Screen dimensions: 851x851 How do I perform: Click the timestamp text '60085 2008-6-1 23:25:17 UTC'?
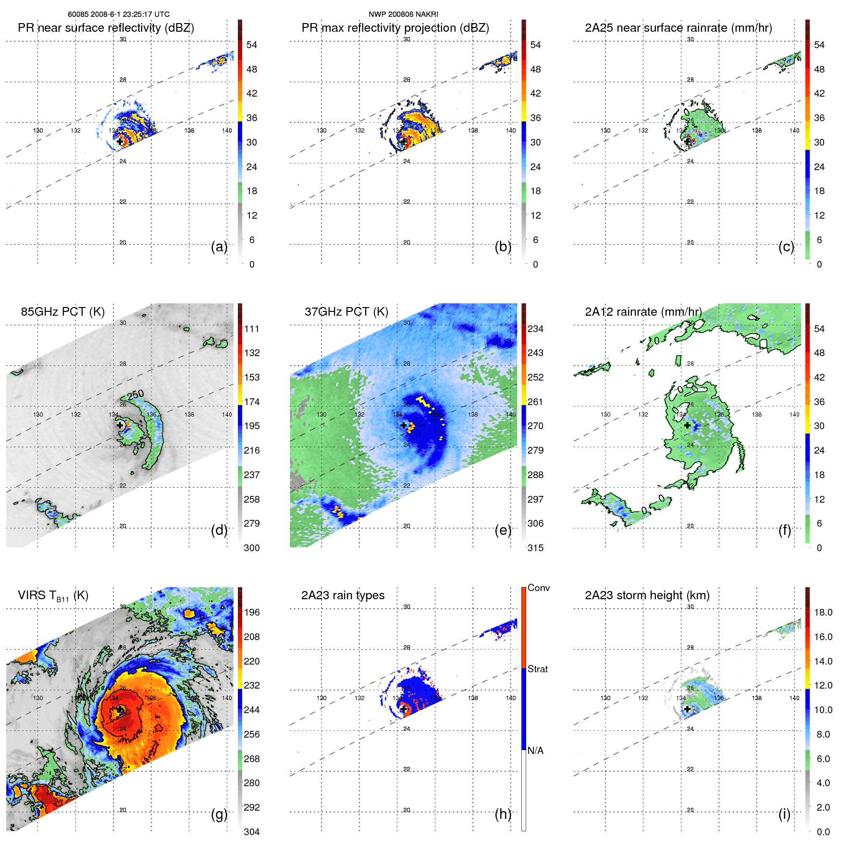pos(119,14)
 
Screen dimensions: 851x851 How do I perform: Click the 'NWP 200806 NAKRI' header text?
pos(403,14)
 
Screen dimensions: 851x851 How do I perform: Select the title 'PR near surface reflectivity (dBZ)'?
pos(106,28)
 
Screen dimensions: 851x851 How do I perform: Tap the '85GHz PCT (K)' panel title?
pos(62,312)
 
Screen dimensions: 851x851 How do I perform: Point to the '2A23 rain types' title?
pos(343,595)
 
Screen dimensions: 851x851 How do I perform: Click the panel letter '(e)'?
pos(503,530)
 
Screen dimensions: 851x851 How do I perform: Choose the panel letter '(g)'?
pos(219,814)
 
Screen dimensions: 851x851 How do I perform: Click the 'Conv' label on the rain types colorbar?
pos(538,588)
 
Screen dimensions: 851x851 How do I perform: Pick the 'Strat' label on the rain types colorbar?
pos(537,669)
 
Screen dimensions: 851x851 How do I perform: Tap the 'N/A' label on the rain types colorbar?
pos(535,751)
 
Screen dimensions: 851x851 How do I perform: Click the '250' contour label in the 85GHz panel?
pos(136,395)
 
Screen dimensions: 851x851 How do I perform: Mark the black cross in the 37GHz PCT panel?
pos(404,425)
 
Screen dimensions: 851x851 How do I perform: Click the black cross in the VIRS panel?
pos(120,709)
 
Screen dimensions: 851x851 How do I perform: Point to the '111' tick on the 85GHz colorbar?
pos(251,329)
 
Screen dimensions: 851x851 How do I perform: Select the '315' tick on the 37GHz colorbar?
pos(535,548)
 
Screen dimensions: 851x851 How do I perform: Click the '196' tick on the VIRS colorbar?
pos(251,612)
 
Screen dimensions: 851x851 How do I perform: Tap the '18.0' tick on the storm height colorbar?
pos(823,612)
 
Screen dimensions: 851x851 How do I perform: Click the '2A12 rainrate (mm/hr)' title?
pos(643,312)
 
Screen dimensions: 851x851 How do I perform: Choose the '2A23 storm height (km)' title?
pos(647,595)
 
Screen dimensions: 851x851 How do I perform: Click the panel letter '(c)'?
pos(786,247)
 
